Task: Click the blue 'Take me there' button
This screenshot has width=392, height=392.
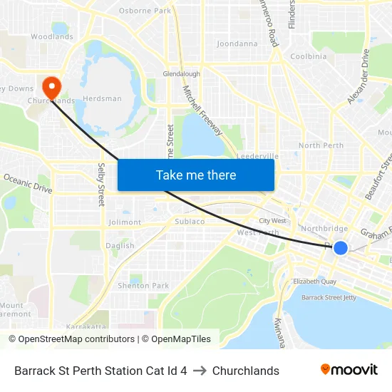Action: coord(196,175)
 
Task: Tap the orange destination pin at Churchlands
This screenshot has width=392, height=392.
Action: coord(52,88)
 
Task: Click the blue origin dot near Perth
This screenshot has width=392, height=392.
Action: coord(341,247)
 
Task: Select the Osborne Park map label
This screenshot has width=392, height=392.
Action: coord(145,11)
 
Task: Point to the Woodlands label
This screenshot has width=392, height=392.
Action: coord(52,36)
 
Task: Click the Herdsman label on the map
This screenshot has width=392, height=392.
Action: coord(102,98)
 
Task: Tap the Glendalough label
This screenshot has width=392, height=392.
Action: coord(181,73)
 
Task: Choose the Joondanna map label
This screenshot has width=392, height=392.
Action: coord(237,43)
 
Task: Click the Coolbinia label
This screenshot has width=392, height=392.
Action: coord(309,56)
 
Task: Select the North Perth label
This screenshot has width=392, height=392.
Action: coord(321,145)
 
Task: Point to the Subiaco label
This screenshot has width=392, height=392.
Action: coord(190,222)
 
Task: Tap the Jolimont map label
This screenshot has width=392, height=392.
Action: coord(125,222)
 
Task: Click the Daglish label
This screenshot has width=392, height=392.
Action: coord(120,246)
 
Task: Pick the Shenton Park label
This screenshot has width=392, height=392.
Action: coord(143,286)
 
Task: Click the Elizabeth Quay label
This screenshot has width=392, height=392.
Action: coord(314,282)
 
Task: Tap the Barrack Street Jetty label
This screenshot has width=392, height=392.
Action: coord(329,297)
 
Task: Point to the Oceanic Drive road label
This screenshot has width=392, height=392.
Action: coord(28,183)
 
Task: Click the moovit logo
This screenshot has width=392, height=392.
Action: coord(349,370)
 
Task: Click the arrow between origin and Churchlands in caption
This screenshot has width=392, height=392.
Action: coord(200,371)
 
